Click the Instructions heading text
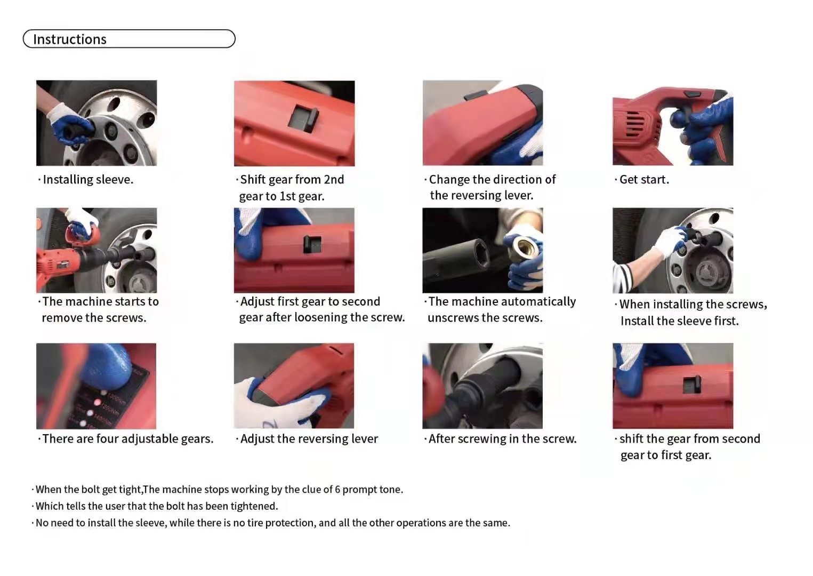click(x=70, y=39)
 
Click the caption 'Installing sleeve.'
click(x=88, y=180)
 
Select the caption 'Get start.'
click(x=644, y=180)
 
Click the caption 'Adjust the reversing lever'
click(x=309, y=439)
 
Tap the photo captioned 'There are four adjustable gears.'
click(x=96, y=386)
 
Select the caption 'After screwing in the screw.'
click(x=502, y=439)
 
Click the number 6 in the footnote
click(x=337, y=490)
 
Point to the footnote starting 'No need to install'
click(x=272, y=523)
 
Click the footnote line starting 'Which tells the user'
click(x=157, y=506)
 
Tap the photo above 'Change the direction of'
click(x=482, y=123)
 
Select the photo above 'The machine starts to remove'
click(x=96, y=250)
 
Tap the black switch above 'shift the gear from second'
click(x=693, y=383)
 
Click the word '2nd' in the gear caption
click(x=334, y=180)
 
